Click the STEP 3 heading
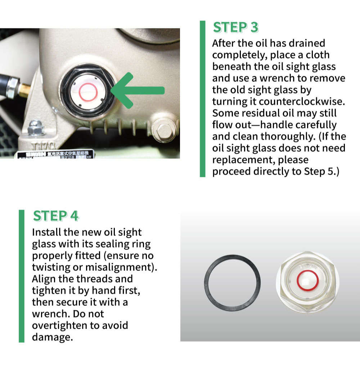click(236, 28)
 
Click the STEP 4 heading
click(55, 216)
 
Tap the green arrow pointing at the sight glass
click(139, 90)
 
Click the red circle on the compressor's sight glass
click(88, 92)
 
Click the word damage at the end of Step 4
click(51, 337)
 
